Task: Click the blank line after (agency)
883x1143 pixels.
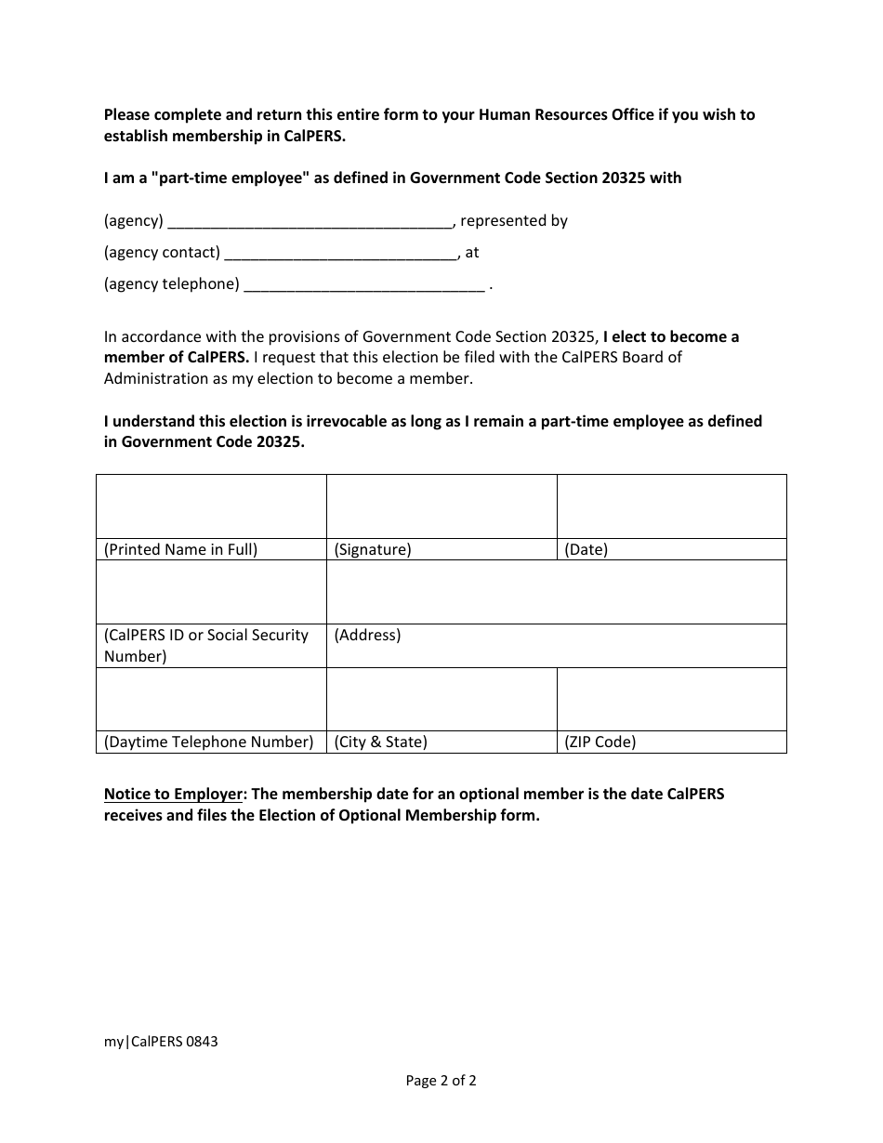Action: point(310,222)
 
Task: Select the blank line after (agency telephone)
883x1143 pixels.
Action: point(363,285)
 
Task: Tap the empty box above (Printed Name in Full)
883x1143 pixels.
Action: point(211,506)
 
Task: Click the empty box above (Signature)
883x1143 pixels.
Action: point(441,506)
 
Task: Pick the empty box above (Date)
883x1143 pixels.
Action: point(671,506)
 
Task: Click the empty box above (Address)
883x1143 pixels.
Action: point(556,592)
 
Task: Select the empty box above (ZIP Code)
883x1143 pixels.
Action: point(671,700)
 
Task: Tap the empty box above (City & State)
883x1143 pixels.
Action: point(441,700)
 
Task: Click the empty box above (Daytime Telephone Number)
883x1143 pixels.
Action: point(211,700)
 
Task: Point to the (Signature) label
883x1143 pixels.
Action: point(373,549)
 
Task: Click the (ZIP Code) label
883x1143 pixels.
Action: point(600,742)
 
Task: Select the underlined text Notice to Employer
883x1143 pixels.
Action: point(173,795)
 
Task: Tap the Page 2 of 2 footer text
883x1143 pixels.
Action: point(441,1080)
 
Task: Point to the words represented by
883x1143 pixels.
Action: point(514,221)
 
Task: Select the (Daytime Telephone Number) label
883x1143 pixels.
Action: point(209,742)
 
